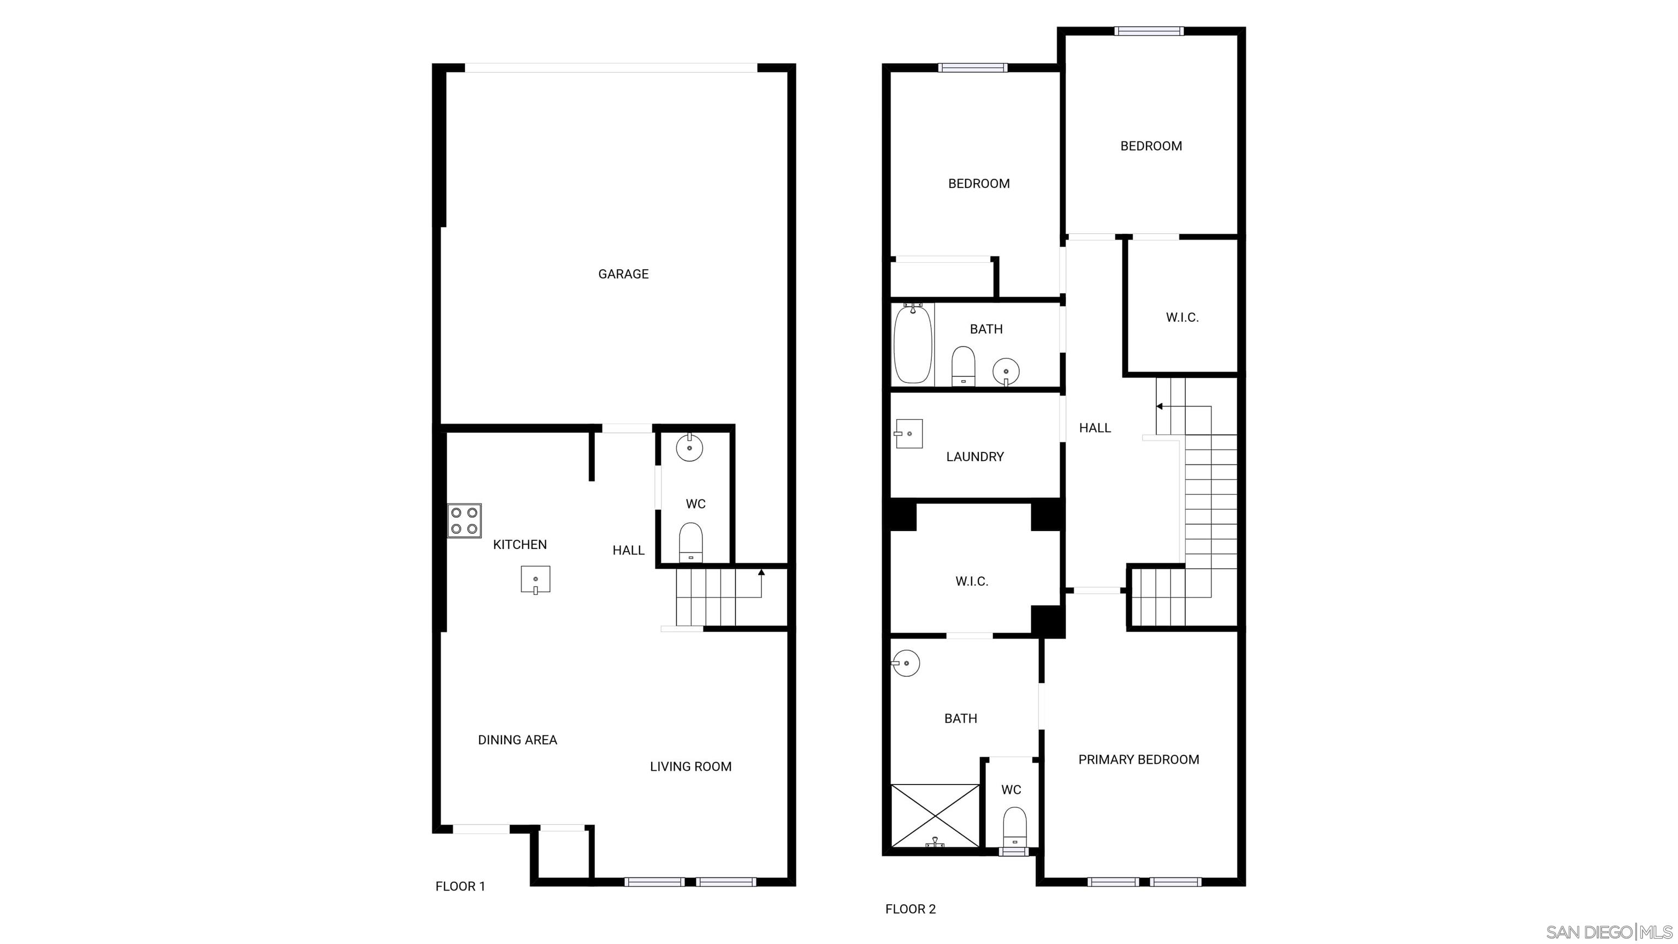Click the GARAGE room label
coord(623,274)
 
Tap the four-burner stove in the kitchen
coord(464,521)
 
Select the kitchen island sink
coord(535,579)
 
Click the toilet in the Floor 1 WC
coord(690,542)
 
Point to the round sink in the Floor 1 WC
coord(689,447)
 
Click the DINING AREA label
coord(517,740)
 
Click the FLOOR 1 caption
coord(460,886)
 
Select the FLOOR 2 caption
coord(910,909)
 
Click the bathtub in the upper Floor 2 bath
coord(912,344)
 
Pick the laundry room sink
coord(909,434)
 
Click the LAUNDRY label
coord(974,457)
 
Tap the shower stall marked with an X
coord(935,816)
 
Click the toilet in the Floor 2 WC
coord(1014,828)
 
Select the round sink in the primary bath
coord(906,663)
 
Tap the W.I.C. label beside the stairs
coord(1181,318)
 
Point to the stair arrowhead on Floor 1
coord(761,573)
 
